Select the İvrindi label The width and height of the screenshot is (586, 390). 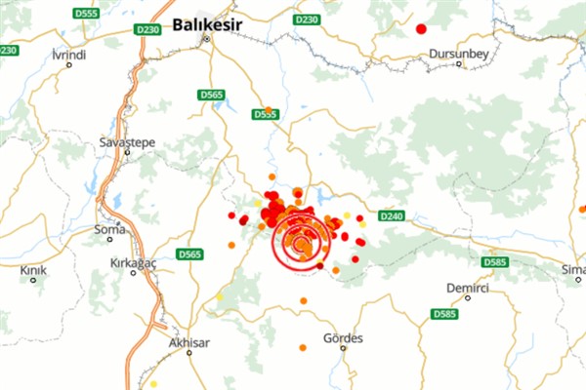click(x=69, y=55)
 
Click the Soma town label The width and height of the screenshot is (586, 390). click(x=108, y=230)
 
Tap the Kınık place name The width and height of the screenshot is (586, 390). click(x=33, y=268)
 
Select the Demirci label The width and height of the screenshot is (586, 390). click(x=466, y=289)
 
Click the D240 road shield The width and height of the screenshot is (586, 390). click(x=390, y=215)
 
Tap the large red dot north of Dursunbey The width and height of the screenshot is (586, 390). click(x=421, y=29)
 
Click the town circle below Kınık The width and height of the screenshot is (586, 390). click(x=33, y=280)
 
